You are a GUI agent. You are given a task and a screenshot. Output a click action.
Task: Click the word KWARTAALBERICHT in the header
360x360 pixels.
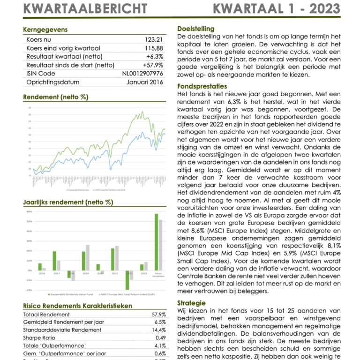click(85, 8)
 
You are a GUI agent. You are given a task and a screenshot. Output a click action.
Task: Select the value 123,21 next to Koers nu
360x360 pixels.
click(154, 40)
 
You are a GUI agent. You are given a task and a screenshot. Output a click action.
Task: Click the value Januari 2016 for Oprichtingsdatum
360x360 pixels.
click(145, 82)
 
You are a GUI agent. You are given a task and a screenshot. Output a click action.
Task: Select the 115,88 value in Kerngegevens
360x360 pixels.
click(154, 48)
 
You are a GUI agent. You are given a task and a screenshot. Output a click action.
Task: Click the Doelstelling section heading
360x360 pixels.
click(196, 29)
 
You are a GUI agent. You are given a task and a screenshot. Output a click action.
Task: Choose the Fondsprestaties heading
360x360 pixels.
click(202, 86)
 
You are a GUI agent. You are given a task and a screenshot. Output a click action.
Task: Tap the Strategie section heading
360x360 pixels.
click(192, 303)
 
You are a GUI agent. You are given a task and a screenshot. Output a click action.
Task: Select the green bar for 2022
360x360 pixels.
click(127, 280)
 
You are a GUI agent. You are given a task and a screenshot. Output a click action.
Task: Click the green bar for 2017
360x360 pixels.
click(54, 261)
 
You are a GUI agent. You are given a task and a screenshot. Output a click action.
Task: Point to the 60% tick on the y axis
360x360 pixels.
click(29, 212)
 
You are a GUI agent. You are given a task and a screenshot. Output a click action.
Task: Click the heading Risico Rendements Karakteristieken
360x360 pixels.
click(77, 306)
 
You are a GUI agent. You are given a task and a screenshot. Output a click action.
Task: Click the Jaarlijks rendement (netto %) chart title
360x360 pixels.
click(68, 202)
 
